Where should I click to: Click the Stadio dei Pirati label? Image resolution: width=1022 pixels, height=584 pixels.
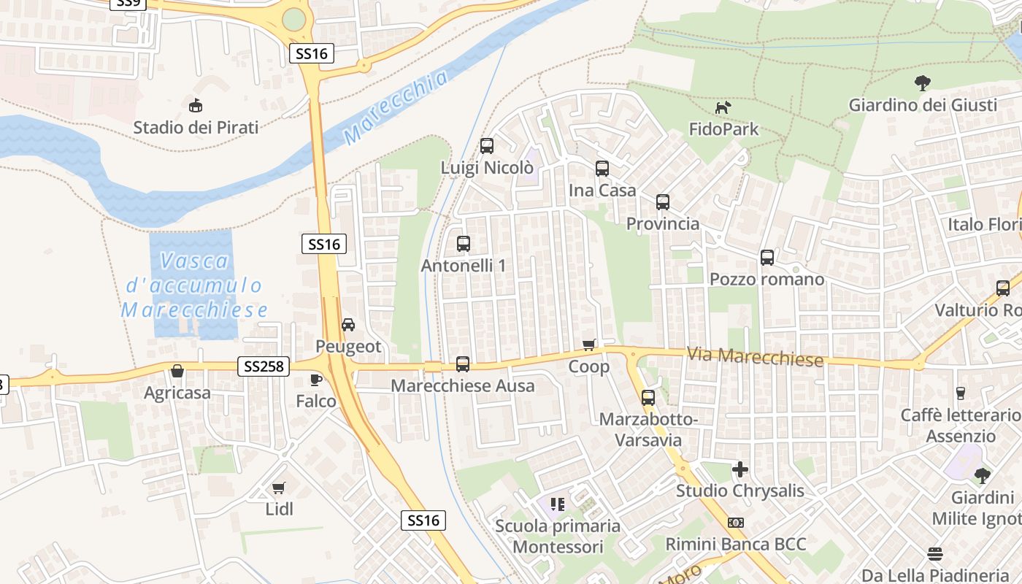[196, 128]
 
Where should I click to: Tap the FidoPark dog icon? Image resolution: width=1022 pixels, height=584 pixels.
[723, 108]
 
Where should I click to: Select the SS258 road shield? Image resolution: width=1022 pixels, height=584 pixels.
[264, 366]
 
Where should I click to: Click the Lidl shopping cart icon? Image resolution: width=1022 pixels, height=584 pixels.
[278, 488]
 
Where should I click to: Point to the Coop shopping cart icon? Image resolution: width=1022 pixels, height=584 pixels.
[589, 345]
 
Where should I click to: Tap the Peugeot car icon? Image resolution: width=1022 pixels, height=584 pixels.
[348, 324]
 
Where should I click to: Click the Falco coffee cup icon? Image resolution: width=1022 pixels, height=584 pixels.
[315, 380]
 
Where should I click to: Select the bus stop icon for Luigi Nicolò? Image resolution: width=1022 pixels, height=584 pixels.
[487, 146]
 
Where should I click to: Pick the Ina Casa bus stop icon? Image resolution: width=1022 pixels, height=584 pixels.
[602, 169]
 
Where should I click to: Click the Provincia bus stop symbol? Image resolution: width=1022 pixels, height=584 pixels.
[663, 202]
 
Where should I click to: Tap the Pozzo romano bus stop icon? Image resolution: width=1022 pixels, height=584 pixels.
[767, 258]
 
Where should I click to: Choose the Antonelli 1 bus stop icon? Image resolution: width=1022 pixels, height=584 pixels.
[464, 244]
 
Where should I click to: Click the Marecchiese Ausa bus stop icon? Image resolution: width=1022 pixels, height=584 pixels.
[463, 364]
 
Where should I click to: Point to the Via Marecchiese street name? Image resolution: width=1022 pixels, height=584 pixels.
[755, 357]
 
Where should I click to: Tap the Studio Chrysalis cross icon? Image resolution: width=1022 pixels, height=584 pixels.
[740, 469]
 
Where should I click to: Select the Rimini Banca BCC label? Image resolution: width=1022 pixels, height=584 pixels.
[736, 545]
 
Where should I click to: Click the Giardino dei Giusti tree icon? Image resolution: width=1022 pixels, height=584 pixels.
[923, 83]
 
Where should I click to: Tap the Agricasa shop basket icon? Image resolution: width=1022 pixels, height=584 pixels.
[177, 372]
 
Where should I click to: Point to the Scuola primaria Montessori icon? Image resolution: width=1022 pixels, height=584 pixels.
[558, 504]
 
